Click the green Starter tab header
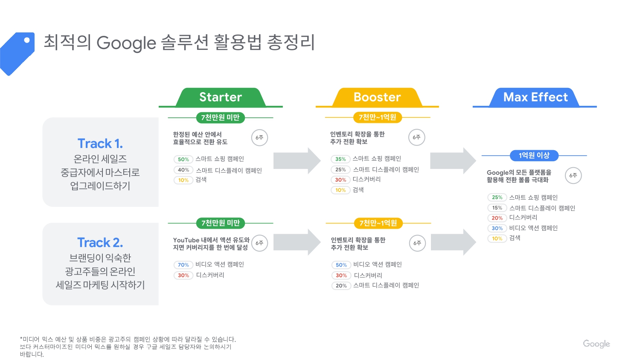[221, 97]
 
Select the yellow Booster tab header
[377, 97]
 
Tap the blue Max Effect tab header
[535, 97]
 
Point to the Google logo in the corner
[596, 344]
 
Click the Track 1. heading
[100, 143]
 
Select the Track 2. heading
[100, 243]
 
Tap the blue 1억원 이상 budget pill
[534, 156]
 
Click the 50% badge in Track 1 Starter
[183, 160]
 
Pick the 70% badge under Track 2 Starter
[183, 265]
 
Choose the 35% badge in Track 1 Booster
[340, 159]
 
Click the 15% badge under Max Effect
[497, 208]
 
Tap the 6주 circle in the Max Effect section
[573, 175]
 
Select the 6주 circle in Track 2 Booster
[417, 243]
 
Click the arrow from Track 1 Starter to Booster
[297, 160]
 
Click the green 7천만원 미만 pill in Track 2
[221, 223]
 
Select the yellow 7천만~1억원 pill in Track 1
[378, 117]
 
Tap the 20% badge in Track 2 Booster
[341, 286]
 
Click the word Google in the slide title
[126, 43]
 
